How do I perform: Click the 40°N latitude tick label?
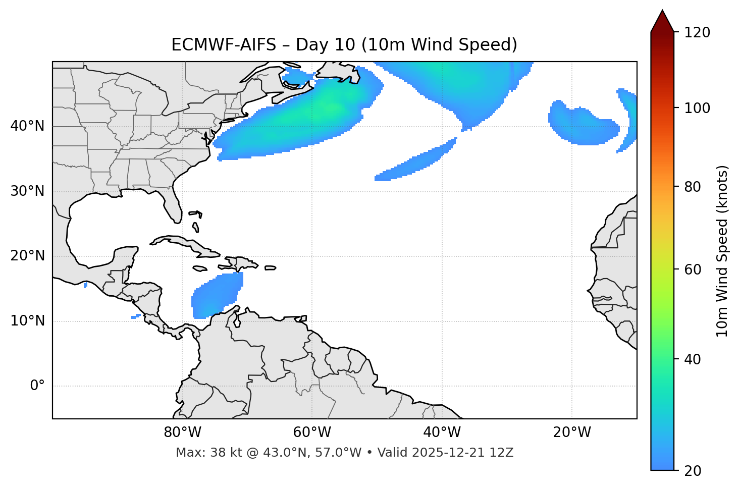click(x=27, y=126)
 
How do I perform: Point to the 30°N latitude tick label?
click(x=27, y=191)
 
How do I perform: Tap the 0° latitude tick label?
click(x=37, y=386)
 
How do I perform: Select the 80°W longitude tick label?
click(x=182, y=432)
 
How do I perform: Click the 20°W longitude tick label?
click(x=572, y=432)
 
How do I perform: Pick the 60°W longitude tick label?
click(x=312, y=432)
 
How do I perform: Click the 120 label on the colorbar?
click(x=697, y=32)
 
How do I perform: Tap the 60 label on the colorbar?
click(x=694, y=269)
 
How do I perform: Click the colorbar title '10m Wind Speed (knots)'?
click(x=722, y=251)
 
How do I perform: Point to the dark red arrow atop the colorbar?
click(x=662, y=21)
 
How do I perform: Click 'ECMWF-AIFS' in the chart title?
click(x=224, y=45)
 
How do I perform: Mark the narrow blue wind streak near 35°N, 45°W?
click(x=416, y=161)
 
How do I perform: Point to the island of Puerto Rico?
click(x=270, y=268)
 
